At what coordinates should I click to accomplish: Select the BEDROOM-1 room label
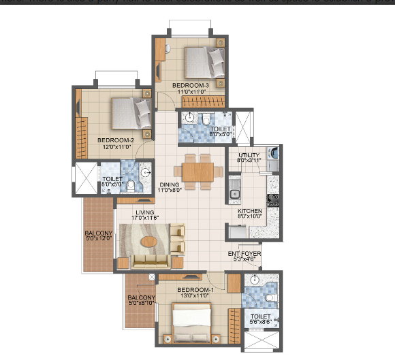click(195, 290)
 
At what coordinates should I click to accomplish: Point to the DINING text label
click(169, 184)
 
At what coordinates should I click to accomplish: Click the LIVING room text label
click(146, 212)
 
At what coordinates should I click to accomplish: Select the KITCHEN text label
click(250, 212)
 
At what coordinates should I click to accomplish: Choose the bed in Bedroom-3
click(204, 61)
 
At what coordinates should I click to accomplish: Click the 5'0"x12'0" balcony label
click(98, 235)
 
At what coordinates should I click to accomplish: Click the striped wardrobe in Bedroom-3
click(202, 103)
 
